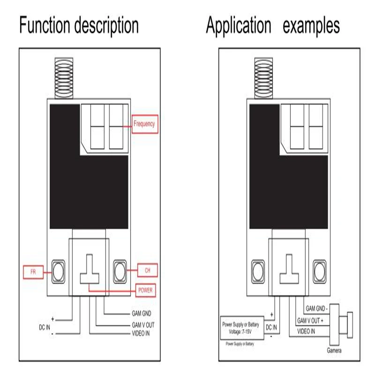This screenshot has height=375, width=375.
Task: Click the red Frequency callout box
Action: tap(144, 124)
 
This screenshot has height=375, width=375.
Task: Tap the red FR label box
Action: tap(33, 271)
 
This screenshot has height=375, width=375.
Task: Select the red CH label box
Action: tap(148, 270)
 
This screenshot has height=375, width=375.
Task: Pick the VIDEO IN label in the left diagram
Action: tap(141, 334)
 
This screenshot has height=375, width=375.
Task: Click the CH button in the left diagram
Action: tap(121, 271)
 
